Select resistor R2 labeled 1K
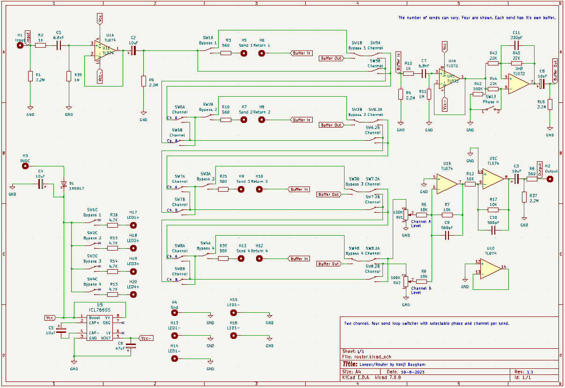coord(41,45)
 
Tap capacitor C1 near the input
coord(59,45)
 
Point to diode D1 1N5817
coord(64,185)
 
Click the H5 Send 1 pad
coord(244,53)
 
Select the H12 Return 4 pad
coord(259,259)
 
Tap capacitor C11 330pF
coord(516,45)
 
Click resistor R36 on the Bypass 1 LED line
coord(113,225)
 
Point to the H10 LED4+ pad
coord(134,295)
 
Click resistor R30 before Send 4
coord(223,259)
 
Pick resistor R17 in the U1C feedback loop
coord(493,210)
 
